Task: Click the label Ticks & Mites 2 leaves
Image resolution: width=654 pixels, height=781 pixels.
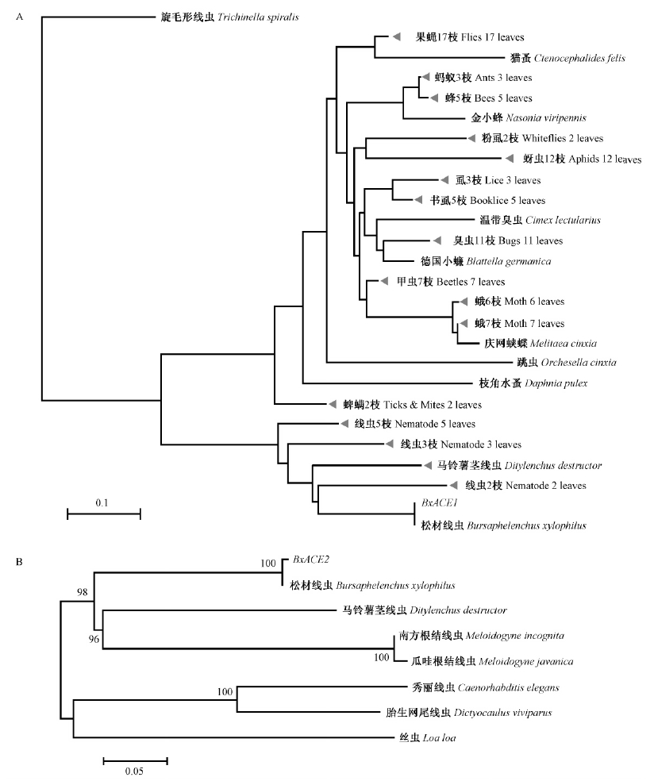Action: tap(437, 404)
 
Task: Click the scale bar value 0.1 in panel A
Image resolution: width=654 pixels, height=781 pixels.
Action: tap(102, 502)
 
